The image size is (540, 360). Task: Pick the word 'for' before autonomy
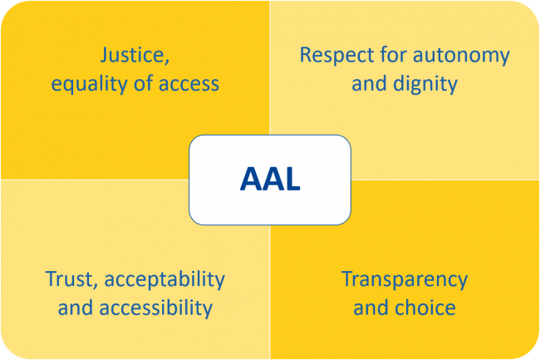393,54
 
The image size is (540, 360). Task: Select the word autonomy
461,56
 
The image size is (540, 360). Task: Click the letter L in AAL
292,179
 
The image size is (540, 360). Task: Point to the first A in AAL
250,179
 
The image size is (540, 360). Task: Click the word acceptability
164,279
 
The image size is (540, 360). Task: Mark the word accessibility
156,308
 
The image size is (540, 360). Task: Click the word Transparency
405,280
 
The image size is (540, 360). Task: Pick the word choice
425,308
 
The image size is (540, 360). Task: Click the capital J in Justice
105,55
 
